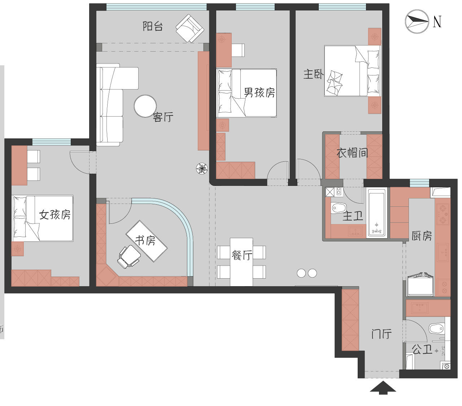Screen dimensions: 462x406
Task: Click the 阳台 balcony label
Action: pyautogui.click(x=153, y=26)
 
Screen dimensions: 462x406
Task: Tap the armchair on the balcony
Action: pyautogui.click(x=190, y=28)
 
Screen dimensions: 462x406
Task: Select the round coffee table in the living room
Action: pyautogui.click(x=145, y=106)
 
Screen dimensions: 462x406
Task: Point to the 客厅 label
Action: pyautogui.click(x=163, y=117)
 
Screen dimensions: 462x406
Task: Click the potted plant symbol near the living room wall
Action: pyautogui.click(x=202, y=169)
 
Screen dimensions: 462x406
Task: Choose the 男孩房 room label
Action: pyautogui.click(x=259, y=92)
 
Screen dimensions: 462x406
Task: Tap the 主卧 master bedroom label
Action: pyautogui.click(x=313, y=74)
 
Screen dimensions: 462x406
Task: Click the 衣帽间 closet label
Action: pyautogui.click(x=352, y=153)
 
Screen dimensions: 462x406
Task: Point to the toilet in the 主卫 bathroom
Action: pyautogui.click(x=339, y=208)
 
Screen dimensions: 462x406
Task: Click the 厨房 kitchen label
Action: pyautogui.click(x=422, y=236)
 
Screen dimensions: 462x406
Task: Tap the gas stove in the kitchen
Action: pyautogui.click(x=443, y=214)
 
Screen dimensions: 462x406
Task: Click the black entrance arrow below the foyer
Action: pyautogui.click(x=383, y=387)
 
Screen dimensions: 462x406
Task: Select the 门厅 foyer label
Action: pyautogui.click(x=381, y=334)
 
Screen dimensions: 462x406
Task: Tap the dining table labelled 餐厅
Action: pyautogui.click(x=241, y=262)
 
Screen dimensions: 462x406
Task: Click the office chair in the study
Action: pyautogui.click(x=129, y=257)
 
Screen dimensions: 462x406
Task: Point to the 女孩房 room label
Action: pyautogui.click(x=55, y=214)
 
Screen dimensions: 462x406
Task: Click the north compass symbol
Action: pyautogui.click(x=417, y=22)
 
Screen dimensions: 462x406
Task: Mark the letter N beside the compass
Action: pyautogui.click(x=437, y=22)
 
